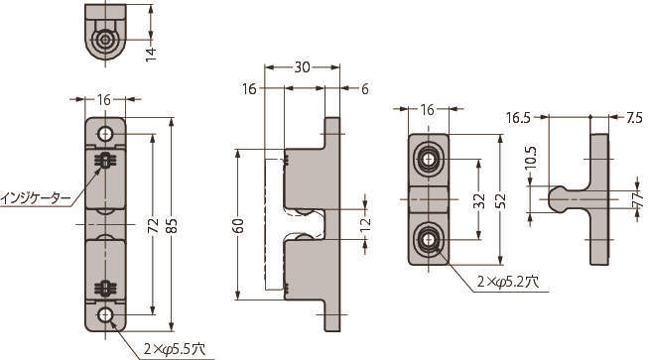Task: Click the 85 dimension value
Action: click(x=173, y=225)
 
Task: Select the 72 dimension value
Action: click(x=154, y=225)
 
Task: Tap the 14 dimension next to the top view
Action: click(x=151, y=55)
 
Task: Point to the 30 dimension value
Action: click(x=302, y=67)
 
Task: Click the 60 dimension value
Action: click(x=239, y=225)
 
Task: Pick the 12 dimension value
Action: click(x=365, y=224)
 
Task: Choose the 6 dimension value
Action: click(x=364, y=89)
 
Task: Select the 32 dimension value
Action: click(x=479, y=201)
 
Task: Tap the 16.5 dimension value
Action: click(x=518, y=118)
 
